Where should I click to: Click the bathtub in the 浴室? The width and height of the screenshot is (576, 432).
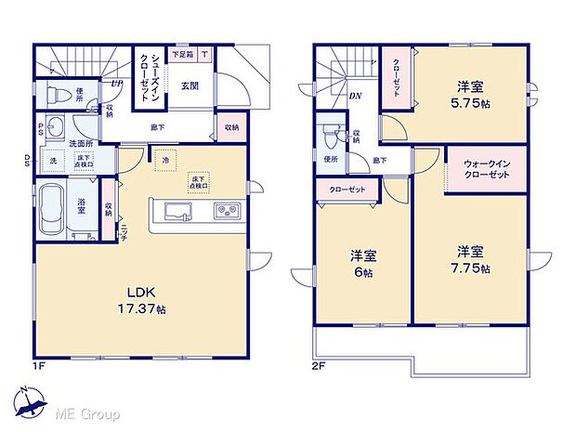[58, 210]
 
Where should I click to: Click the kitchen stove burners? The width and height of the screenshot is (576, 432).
[226, 211]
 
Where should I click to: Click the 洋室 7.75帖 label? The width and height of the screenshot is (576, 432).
[470, 259]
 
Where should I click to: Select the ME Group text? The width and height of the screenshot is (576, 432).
[91, 412]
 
